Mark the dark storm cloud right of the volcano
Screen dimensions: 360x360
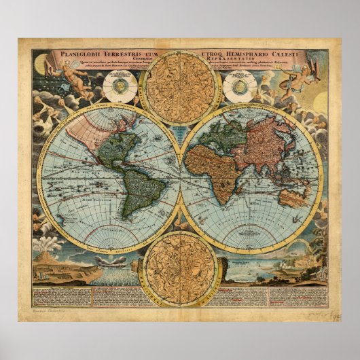[x=112, y=260]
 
